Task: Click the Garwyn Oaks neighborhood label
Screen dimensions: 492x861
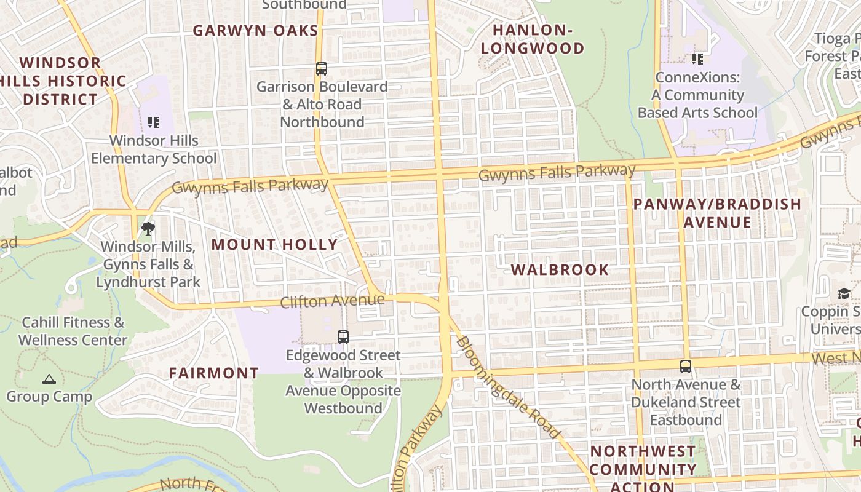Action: point(255,31)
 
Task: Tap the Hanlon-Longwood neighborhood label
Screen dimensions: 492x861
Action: point(533,39)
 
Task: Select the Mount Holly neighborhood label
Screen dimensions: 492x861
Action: point(275,244)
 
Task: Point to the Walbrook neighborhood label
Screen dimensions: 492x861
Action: point(560,269)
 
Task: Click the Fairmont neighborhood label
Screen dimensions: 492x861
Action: point(214,373)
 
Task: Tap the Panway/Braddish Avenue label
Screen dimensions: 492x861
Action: point(717,213)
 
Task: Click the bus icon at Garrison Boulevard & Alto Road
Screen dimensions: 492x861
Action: point(322,69)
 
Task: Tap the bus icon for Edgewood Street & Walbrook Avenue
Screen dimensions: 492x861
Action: point(343,337)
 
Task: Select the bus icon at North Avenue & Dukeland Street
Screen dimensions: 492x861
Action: point(686,367)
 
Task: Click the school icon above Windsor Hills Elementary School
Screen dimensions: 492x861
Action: point(154,122)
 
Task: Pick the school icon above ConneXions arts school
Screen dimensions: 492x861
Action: point(697,59)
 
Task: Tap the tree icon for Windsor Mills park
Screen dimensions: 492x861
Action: point(148,229)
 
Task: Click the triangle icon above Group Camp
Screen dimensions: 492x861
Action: point(49,379)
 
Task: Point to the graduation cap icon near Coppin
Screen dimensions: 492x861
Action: point(844,293)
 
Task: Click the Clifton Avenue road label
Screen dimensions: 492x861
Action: point(332,301)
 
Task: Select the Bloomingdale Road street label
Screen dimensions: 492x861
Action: point(508,387)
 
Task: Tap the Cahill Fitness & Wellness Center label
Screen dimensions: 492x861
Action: point(73,331)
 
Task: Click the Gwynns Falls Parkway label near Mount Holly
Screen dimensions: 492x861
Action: point(250,186)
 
